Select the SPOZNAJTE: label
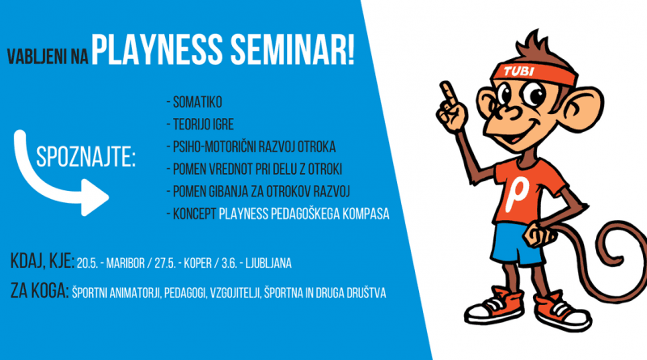click(x=85, y=158)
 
